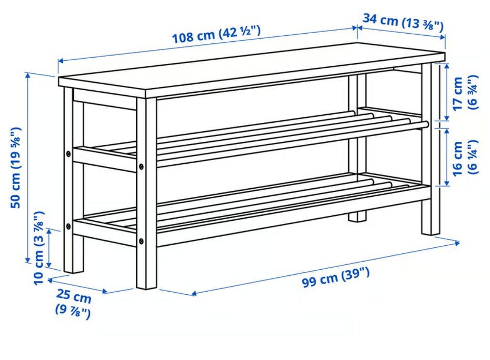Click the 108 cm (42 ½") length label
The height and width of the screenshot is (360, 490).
coord(216,34)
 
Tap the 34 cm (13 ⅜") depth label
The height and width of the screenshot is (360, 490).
coord(403,22)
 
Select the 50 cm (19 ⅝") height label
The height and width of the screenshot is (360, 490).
coord(16,167)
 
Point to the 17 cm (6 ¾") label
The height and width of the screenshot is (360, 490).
coord(465,93)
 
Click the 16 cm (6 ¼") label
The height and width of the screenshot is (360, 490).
coord(465,158)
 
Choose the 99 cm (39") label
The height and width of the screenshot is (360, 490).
coord(336,277)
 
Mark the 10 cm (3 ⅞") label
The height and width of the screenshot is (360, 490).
coord(39,248)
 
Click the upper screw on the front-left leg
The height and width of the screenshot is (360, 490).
coord(141,167)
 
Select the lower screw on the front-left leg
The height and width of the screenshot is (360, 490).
coord(141,241)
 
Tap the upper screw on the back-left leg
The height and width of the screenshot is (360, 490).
coord(68,153)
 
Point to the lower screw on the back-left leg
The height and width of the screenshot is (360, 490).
coord(68,226)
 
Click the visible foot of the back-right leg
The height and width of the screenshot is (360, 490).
coord(357,217)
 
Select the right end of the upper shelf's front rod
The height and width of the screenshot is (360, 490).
coord(425,124)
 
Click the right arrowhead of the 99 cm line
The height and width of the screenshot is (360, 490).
coord(457,243)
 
